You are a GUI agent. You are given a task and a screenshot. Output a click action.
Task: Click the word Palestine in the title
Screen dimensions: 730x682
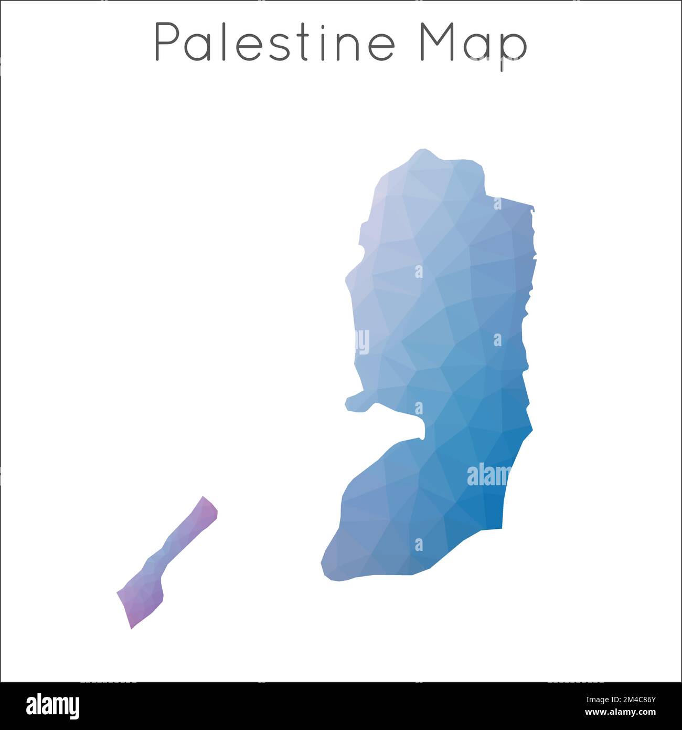click(x=274, y=43)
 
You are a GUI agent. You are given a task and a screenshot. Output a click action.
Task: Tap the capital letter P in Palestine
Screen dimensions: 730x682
click(x=166, y=43)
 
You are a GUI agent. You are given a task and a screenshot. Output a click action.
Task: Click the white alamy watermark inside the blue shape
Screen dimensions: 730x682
click(x=488, y=475)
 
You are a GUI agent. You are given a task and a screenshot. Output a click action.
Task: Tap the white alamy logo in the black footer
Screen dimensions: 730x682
click(x=52, y=706)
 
